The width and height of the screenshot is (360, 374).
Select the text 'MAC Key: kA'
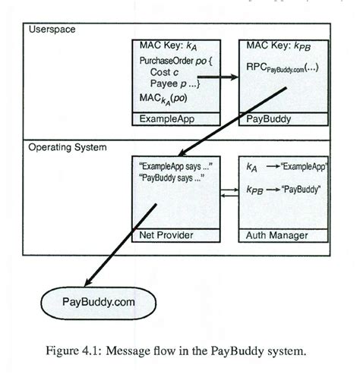click(165, 46)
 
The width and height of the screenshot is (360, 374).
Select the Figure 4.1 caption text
click(181, 350)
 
